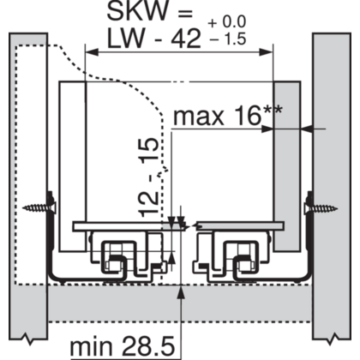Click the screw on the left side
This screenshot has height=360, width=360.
point(41,207)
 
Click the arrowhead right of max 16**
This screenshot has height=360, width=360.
point(308,129)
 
